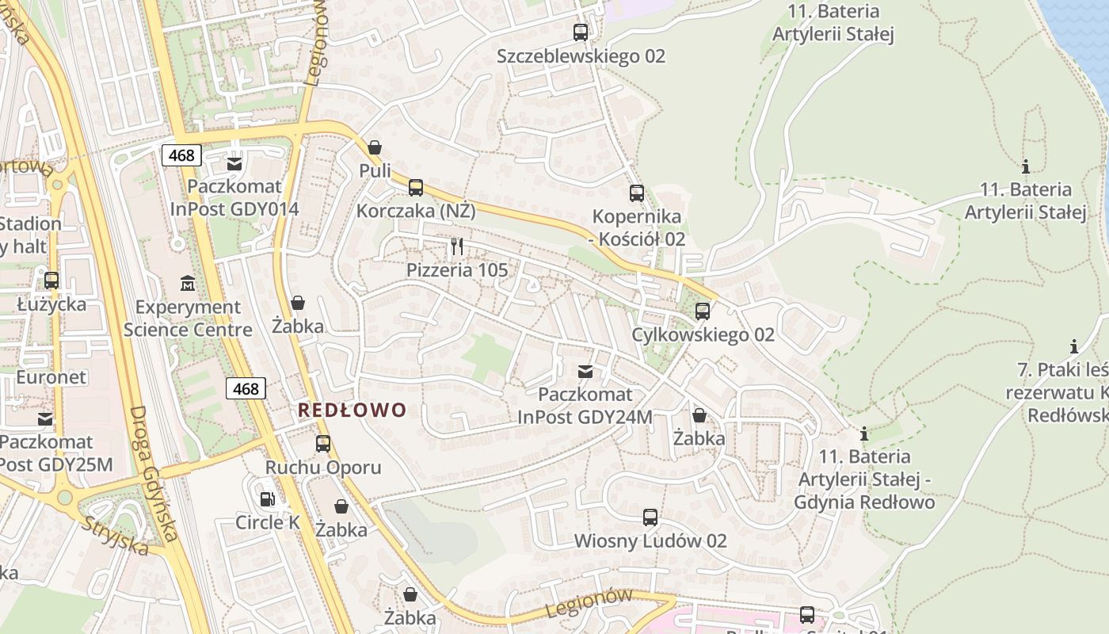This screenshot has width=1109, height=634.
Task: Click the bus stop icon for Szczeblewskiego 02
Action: coord(581,32)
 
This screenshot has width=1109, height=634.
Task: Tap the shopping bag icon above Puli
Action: coord(375,147)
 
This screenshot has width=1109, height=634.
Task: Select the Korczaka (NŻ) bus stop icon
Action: coord(416,188)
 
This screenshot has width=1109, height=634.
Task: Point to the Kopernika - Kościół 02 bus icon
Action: coord(637,193)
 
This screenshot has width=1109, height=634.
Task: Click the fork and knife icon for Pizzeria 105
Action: coord(457,246)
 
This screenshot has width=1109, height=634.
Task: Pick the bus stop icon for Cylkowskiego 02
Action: coord(703,311)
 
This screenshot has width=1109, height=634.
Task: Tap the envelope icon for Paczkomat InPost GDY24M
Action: coord(585,371)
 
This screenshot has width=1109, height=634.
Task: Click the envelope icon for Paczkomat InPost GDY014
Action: coord(234,164)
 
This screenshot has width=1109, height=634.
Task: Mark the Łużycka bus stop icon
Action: coord(51,280)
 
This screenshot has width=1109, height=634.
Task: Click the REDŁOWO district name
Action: coord(352,410)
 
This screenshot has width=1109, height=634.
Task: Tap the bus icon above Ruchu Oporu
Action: coord(323,444)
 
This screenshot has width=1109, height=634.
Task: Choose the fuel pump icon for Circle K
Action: coord(268,499)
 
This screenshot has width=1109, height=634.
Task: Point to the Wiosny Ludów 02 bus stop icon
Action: coord(650,518)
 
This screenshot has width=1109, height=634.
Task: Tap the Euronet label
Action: coord(51,377)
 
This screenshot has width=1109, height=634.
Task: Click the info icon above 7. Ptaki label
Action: coord(1074,346)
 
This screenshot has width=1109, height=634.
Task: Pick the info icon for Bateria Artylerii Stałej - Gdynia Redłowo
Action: coord(864,434)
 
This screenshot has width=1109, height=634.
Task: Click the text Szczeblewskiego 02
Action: coord(581,56)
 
